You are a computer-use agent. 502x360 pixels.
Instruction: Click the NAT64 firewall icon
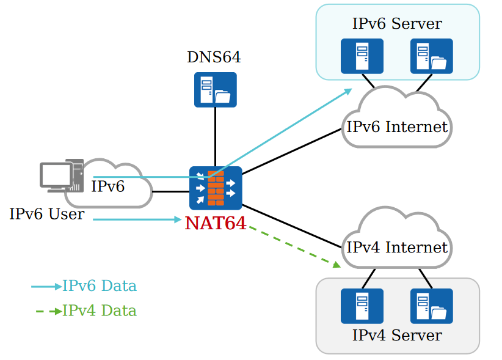click(x=216, y=188)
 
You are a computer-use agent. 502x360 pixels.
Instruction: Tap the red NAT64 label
click(x=216, y=223)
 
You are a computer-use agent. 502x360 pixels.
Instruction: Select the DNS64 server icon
click(x=215, y=89)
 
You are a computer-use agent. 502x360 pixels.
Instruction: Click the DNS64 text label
click(x=214, y=57)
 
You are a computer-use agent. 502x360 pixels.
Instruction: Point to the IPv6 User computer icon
click(x=62, y=177)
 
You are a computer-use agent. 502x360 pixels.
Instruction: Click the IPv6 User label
click(x=46, y=215)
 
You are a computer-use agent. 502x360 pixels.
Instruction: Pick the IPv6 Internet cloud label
click(x=397, y=127)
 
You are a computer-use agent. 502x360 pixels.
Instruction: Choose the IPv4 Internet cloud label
click(x=397, y=248)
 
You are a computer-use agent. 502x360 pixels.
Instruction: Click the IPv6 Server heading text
click(x=397, y=24)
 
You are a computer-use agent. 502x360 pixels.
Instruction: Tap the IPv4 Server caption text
click(x=397, y=335)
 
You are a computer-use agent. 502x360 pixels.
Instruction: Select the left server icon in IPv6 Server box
click(x=362, y=56)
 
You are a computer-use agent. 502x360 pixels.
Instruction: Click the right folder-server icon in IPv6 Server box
click(x=432, y=56)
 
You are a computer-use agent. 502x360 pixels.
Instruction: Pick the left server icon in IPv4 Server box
click(x=362, y=306)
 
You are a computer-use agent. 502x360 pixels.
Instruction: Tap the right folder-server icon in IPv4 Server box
click(x=432, y=306)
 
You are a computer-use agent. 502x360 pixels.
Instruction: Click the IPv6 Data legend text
click(x=100, y=286)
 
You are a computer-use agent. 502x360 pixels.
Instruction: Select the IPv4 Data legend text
click(x=100, y=310)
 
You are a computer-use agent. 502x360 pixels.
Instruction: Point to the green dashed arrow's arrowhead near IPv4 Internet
click(x=336, y=265)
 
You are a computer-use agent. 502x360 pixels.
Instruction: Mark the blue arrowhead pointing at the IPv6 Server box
click(x=349, y=91)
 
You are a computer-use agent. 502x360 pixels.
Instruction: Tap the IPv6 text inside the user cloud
click(x=108, y=186)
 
